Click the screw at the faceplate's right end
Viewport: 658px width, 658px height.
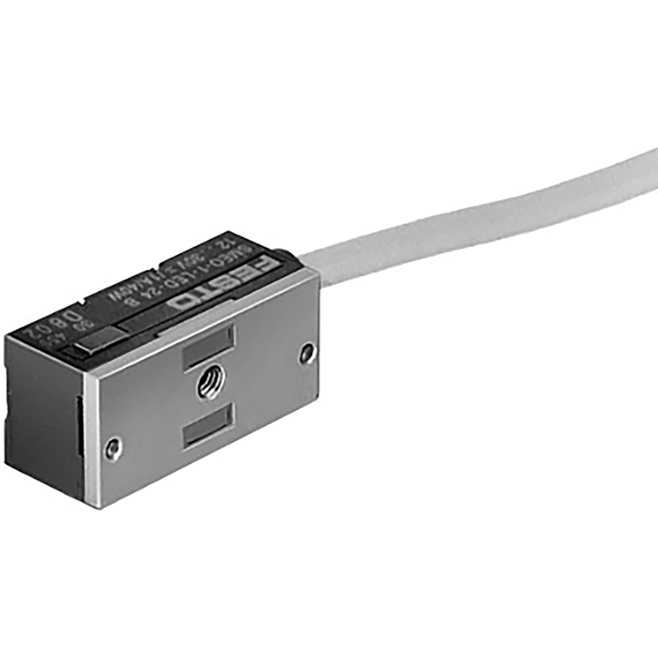(307, 352)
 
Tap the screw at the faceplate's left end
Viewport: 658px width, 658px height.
(113, 447)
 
